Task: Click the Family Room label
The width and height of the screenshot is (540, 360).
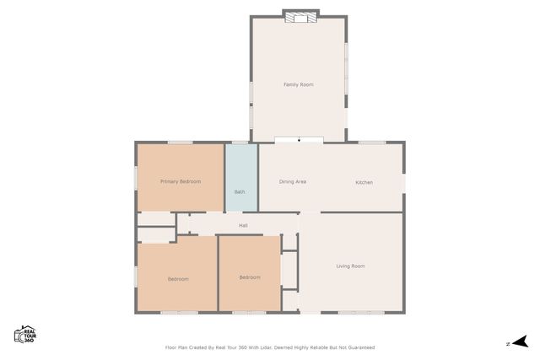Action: click(298, 84)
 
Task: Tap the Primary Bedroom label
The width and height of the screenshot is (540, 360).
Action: click(180, 181)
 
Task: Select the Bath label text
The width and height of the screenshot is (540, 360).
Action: click(240, 192)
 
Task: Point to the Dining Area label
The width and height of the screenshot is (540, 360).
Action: click(293, 182)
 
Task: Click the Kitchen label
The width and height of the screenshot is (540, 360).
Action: click(364, 182)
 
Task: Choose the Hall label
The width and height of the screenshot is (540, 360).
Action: click(243, 225)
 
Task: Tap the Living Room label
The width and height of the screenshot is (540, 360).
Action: click(350, 266)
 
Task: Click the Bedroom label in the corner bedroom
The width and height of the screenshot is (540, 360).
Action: click(177, 279)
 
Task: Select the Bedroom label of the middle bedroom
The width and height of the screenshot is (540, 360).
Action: click(249, 277)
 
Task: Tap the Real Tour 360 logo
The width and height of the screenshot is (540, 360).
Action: click(25, 334)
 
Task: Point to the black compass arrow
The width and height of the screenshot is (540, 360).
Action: click(521, 341)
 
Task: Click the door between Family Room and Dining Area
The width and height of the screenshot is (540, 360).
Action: click(299, 140)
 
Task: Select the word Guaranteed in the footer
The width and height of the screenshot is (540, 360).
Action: click(359, 347)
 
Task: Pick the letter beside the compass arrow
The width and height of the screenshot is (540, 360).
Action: click(508, 342)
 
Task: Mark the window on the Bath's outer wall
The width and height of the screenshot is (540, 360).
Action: click(240, 142)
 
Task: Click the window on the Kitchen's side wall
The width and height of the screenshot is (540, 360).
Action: click(404, 182)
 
